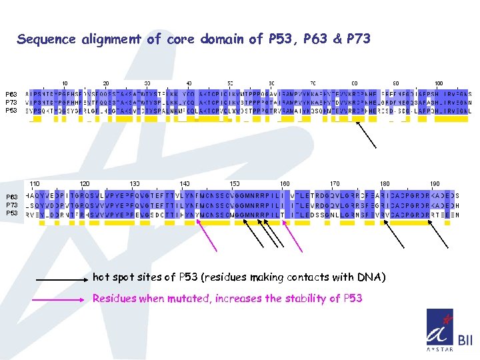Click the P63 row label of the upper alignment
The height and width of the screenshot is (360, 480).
[11, 94]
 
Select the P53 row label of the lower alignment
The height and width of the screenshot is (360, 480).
[11, 213]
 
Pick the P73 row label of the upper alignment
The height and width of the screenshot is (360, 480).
[11, 102]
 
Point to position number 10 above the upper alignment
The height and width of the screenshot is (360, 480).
[65, 83]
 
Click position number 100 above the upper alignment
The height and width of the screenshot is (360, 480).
[438, 83]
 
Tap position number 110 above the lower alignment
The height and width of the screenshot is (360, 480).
[35, 183]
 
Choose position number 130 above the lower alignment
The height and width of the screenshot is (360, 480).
[135, 183]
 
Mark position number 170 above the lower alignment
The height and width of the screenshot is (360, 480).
[335, 183]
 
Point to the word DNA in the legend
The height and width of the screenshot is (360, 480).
[369, 277]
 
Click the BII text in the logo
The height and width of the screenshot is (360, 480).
[465, 341]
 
